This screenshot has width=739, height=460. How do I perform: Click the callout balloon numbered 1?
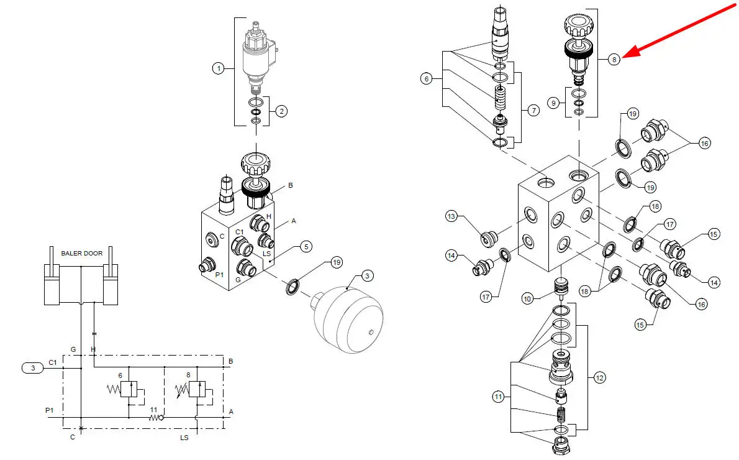pyautogui.click(x=218, y=68)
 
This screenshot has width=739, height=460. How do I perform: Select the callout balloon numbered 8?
pyautogui.click(x=614, y=60)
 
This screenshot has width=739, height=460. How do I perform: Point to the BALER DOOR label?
pyautogui.click(x=81, y=254)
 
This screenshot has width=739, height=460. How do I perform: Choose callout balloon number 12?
pyautogui.click(x=599, y=378)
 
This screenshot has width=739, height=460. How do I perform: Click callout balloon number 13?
pyautogui.click(x=451, y=216)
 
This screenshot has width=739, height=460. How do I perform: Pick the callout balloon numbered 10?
pyautogui.click(x=527, y=298)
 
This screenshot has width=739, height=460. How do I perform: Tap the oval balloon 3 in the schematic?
pyautogui.click(x=33, y=368)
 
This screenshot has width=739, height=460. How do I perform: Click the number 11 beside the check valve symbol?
pyautogui.click(x=153, y=410)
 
